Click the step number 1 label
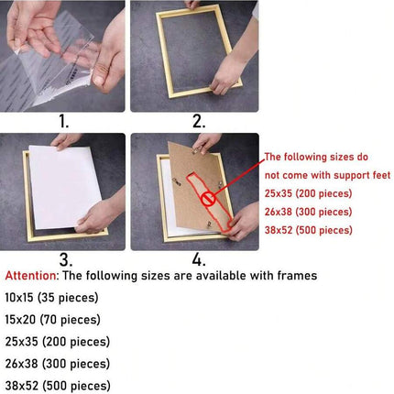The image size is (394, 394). coord(64,122)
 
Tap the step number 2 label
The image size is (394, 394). coord(199,122)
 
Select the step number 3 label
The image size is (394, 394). coord(66,260)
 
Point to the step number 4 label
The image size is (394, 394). coord(199,260)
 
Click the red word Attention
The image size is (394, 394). coord(30,276)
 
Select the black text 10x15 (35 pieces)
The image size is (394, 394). coord(51,298)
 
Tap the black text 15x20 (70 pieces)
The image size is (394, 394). coord(52,320)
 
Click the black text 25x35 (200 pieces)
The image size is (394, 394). coord(58,342)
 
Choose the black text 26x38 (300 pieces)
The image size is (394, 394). coord(58,364)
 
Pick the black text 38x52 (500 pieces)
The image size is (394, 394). coord(58,386)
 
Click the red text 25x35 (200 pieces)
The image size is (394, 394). coord(308,193)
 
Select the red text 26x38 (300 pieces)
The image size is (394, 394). coord(308,212)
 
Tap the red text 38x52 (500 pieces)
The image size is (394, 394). coord(309,230)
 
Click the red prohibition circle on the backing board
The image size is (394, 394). coord(209,199)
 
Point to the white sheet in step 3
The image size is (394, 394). coord(65,187)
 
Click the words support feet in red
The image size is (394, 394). coord(362,175)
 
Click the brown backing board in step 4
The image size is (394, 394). coord(200,186)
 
